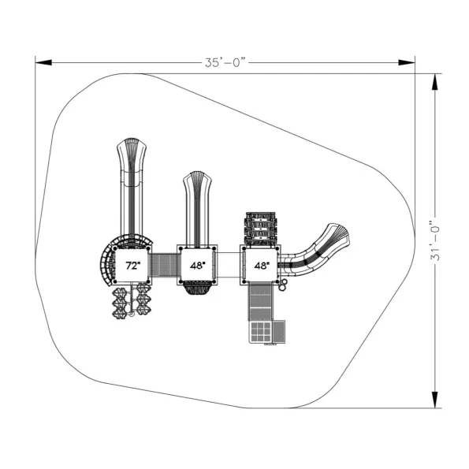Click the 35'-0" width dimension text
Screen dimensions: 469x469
pos(225,62)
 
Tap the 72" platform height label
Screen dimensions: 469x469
pos(132,266)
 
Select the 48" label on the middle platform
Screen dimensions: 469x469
pos(198,266)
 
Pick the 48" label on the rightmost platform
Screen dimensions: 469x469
pos(262,266)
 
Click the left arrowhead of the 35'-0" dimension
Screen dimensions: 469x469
pos(43,62)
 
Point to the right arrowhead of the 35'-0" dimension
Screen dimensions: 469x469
pos(407,62)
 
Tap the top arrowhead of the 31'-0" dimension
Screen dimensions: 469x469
pos(435,82)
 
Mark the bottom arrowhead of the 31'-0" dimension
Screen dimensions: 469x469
pos(435,400)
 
